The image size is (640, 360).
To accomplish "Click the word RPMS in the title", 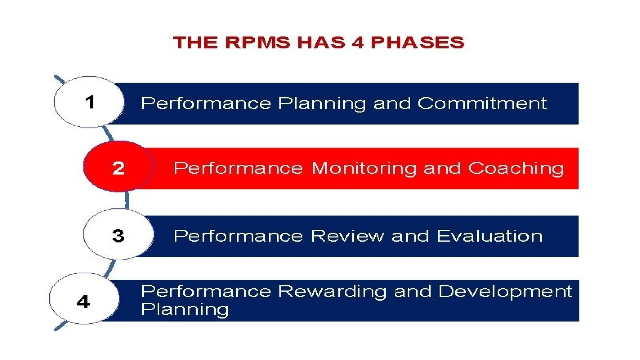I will pos(257,42).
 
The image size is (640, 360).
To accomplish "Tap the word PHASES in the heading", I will pos(417,42).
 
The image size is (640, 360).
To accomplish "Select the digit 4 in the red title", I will pos(357,42).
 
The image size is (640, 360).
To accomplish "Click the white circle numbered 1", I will pos(89,102).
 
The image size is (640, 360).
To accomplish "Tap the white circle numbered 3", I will pos(118,235).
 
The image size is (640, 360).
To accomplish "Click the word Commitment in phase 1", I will pos(482,103).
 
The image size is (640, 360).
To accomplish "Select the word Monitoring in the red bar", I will pos(364,169).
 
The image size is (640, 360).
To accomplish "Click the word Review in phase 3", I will pos(347,236).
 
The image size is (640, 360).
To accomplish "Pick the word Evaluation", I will pos(489,236).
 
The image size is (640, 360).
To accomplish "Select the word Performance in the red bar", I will pos(238,168).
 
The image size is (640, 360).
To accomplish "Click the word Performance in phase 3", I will pos(238,236).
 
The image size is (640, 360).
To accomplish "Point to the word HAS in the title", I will pos(321,42).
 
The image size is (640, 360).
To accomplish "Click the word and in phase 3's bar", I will pos(410,236).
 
